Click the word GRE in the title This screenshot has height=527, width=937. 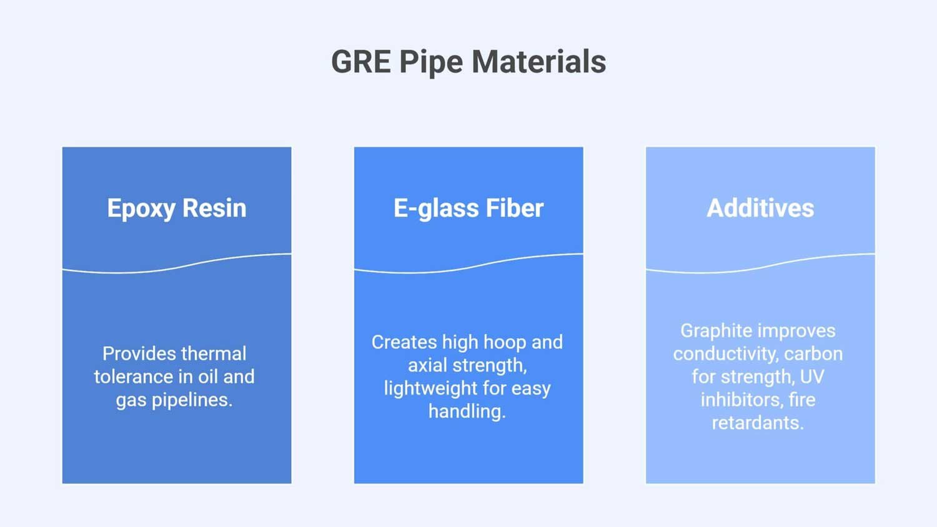tap(360, 62)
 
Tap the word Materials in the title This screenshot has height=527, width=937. tap(538, 62)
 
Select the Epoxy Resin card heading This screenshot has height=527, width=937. tap(177, 208)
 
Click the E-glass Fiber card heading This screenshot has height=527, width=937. tap(468, 208)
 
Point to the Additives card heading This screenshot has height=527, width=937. tap(760, 208)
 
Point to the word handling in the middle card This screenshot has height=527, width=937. tap(467, 411)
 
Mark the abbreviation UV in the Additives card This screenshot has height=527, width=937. tap(812, 377)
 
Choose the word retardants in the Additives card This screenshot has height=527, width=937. tap(758, 423)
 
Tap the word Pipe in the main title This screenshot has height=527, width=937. tap(430, 62)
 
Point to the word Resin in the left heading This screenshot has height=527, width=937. tap(214, 208)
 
